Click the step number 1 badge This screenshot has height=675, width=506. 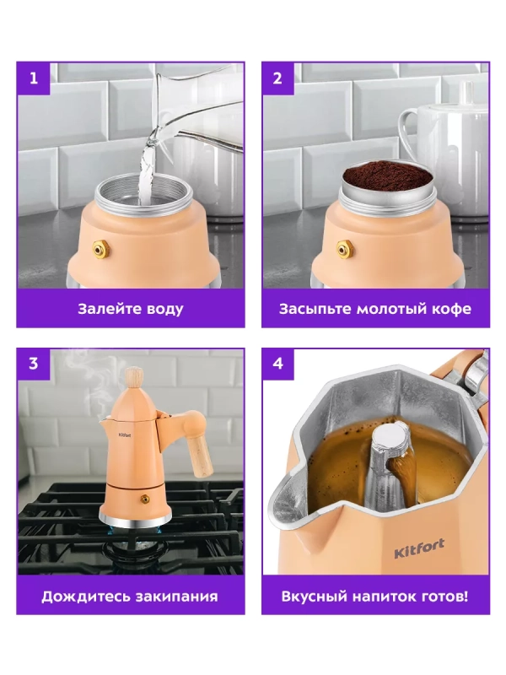coord(34,78)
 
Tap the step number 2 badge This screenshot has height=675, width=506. coord(278,78)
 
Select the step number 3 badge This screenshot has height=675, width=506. coord(34,364)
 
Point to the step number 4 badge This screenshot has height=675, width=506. coord(278,364)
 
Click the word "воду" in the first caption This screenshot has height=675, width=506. coord(164,310)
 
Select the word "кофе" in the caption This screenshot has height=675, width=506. coord(454,309)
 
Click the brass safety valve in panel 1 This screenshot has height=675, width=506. coord(100,249)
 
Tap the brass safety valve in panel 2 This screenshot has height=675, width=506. coord(344,249)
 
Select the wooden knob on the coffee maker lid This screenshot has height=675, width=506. coord(134,377)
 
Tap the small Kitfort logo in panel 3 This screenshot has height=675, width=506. coord(125,435)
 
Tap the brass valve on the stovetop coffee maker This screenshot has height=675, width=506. coord(144,499)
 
